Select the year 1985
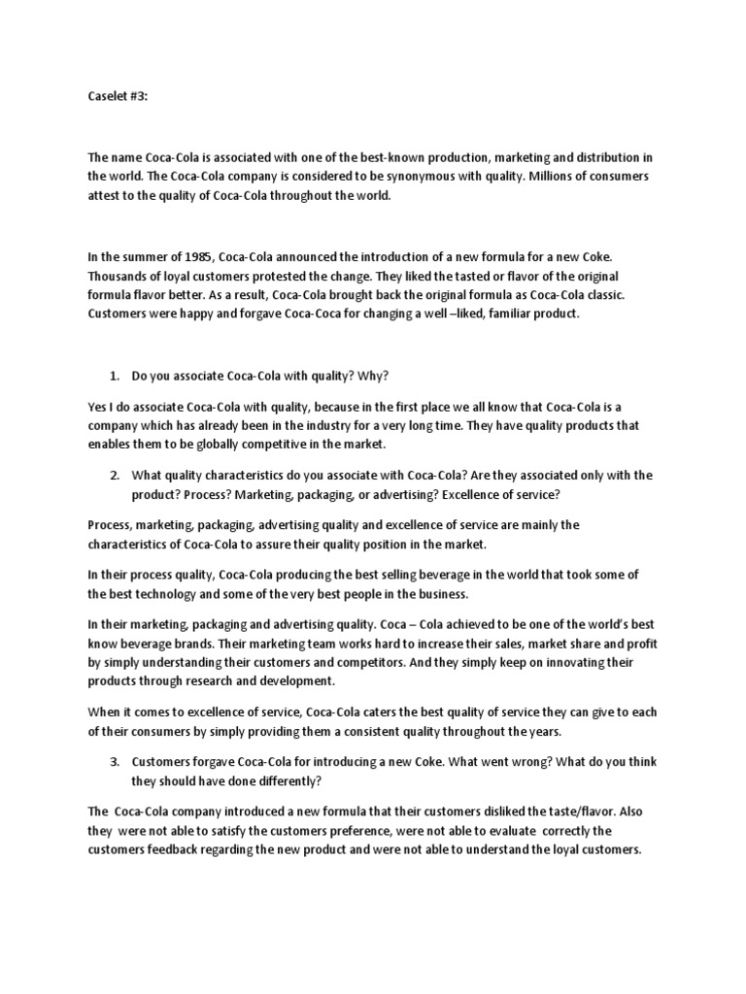pyautogui.click(x=193, y=256)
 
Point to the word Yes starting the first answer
pyautogui.click(x=98, y=406)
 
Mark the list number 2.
pyautogui.click(x=114, y=475)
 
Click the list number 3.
pyautogui.click(x=114, y=762)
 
